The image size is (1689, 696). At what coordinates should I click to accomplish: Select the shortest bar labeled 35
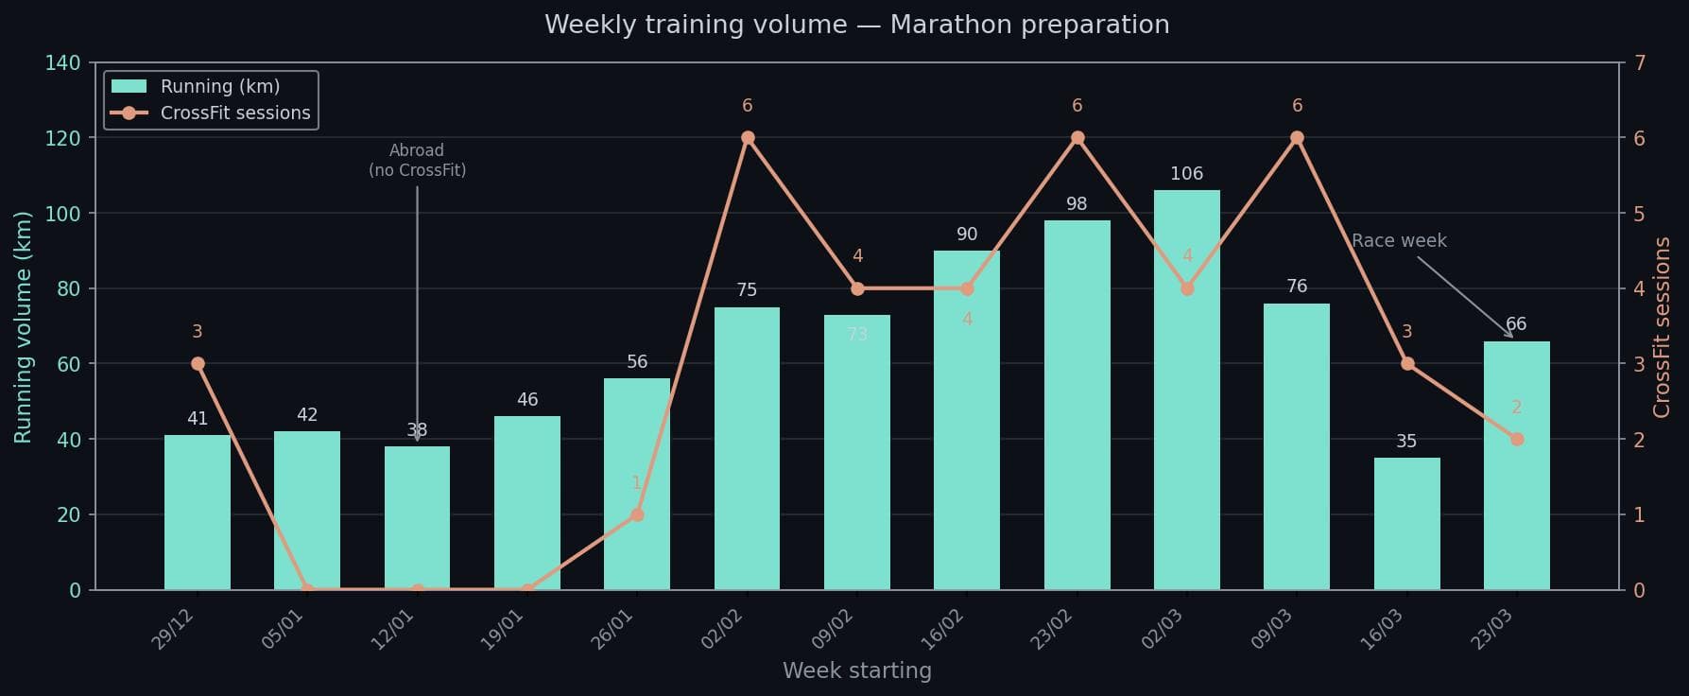click(x=1406, y=524)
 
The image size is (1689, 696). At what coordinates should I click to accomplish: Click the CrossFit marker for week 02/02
click(x=748, y=138)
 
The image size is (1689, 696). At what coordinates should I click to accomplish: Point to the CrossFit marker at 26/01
click(x=637, y=514)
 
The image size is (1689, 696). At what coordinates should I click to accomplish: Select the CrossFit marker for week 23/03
click(x=1516, y=440)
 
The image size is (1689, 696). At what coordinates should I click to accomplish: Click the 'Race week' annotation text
click(x=1399, y=241)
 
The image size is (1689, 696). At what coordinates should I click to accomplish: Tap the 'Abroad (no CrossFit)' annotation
click(x=417, y=161)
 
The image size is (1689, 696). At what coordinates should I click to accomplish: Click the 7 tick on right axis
click(x=1639, y=63)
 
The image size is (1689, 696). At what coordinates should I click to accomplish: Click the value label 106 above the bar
click(x=1186, y=174)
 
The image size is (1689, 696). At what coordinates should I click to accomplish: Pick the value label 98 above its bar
click(x=1077, y=204)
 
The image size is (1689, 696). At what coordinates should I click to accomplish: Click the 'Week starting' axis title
click(x=856, y=671)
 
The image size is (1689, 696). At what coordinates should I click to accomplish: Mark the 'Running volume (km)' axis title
click(x=24, y=326)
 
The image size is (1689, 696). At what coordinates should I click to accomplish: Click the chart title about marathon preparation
click(x=856, y=25)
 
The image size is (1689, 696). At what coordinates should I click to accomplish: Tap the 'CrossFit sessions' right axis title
click(x=1662, y=326)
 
